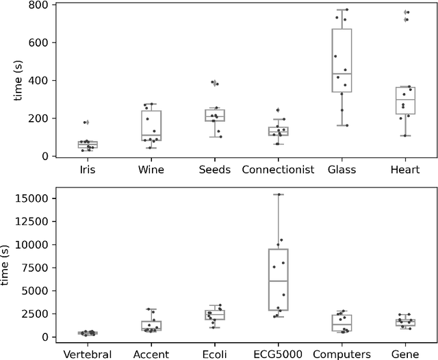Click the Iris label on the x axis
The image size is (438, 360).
pyautogui.click(x=88, y=169)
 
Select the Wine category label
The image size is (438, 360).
pyautogui.click(x=151, y=169)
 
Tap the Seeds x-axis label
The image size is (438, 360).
pyautogui.click(x=214, y=169)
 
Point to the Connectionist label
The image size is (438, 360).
pyautogui.click(x=278, y=169)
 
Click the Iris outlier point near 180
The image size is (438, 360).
pyautogui.click(x=86, y=123)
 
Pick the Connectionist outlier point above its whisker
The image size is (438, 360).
pyautogui.click(x=278, y=110)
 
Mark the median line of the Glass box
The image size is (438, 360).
pyautogui.click(x=342, y=74)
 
